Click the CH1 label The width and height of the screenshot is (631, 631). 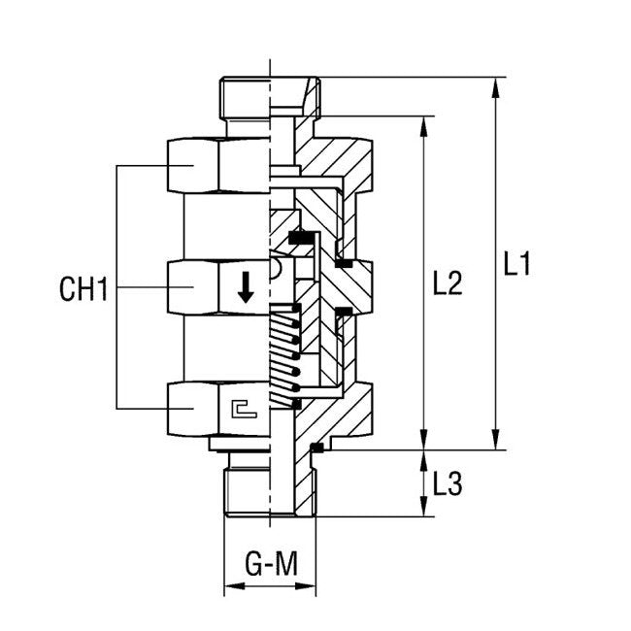pos(82,288)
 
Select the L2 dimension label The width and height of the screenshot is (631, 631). pos(447,283)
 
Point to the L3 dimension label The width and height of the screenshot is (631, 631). pos(447,483)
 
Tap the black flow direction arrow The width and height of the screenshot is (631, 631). pos(246,286)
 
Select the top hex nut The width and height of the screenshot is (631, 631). pos(218,165)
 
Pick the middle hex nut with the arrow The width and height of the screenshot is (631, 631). pos(218,287)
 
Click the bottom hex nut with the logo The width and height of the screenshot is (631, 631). pos(218,410)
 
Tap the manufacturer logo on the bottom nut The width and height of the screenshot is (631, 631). pos(244,411)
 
